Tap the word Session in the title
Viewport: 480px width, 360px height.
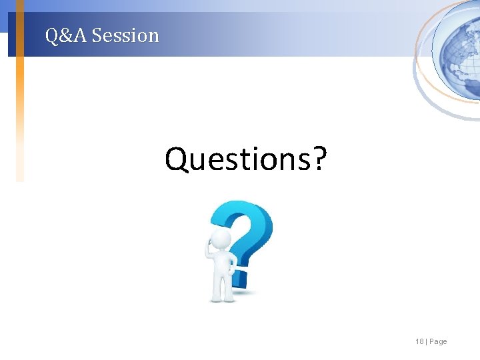tap(126, 35)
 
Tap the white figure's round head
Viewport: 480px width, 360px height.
tap(221, 241)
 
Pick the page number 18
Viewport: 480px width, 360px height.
tap(419, 341)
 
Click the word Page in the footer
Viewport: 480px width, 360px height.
tap(439, 341)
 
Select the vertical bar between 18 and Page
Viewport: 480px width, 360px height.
tap(427, 341)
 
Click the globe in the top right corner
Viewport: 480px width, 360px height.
tap(457, 47)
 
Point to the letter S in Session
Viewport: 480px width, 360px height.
tap(97, 35)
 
